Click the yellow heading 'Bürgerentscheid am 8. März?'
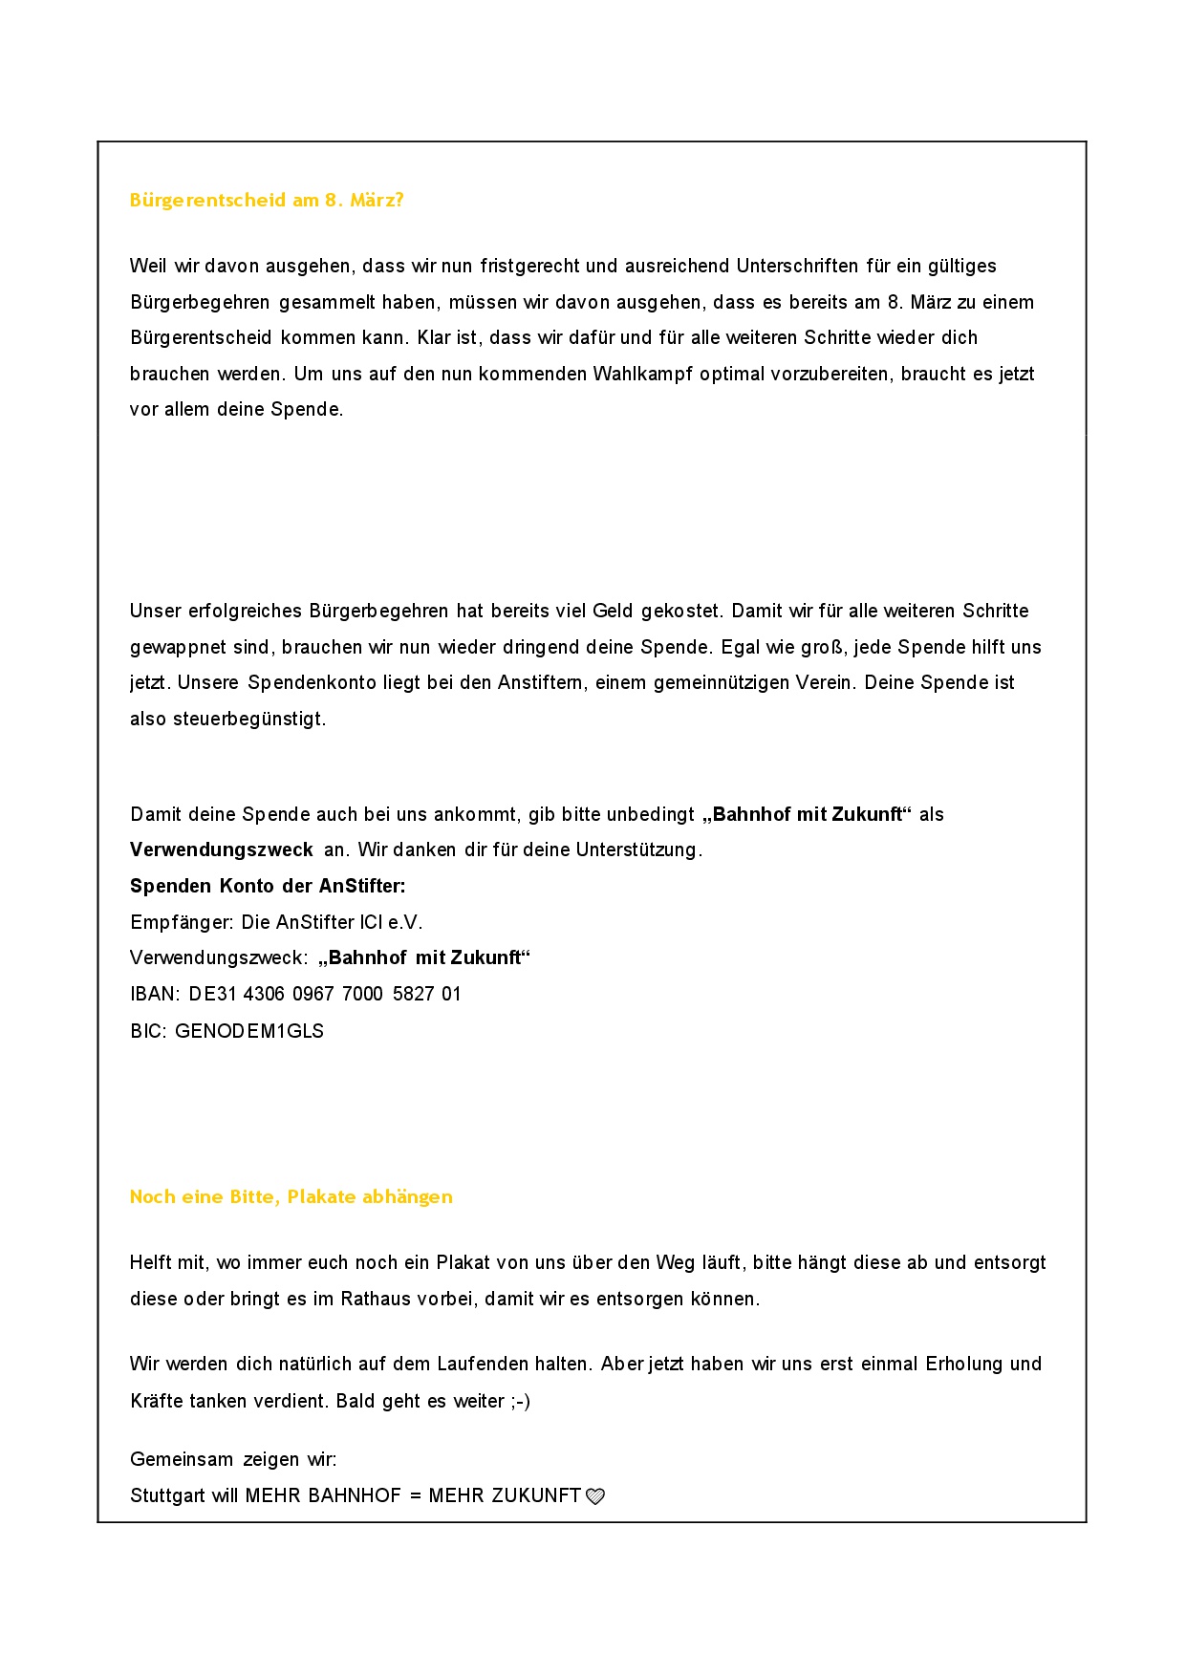point(267,201)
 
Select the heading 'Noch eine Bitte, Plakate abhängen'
point(291,1197)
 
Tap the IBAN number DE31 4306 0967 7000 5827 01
point(325,995)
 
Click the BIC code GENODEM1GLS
point(249,1032)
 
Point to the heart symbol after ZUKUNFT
point(594,1497)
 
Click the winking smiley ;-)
point(520,1402)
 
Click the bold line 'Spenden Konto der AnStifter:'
point(268,887)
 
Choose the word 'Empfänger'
point(180,923)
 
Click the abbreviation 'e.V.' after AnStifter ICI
point(405,923)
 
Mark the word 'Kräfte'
point(155,1402)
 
